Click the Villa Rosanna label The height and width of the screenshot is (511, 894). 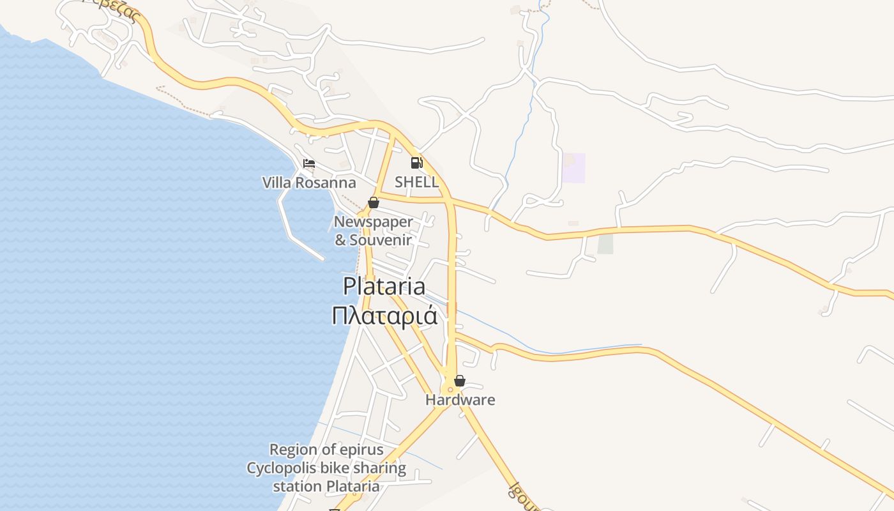pos(309,183)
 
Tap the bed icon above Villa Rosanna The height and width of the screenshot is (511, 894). pos(309,164)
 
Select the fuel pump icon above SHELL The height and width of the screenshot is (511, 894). pos(416,163)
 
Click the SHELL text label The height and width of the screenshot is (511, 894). pos(416,182)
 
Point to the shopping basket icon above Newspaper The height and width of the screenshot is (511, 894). pos(374,202)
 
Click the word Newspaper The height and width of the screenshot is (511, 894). pos(374,222)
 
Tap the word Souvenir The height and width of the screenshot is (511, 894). pos(381,240)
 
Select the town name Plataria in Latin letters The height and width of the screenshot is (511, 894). pos(384,286)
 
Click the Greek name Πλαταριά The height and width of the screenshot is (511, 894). pos(384,315)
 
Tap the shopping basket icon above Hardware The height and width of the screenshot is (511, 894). pos(459,381)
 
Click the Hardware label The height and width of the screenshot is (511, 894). pos(460,400)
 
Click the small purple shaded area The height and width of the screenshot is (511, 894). pos(573,168)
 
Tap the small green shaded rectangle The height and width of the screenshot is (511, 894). pos(605,244)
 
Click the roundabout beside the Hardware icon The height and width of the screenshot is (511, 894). pos(450,388)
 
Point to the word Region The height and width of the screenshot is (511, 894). pos(293,450)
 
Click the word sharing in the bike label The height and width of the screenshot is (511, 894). pos(377,468)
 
